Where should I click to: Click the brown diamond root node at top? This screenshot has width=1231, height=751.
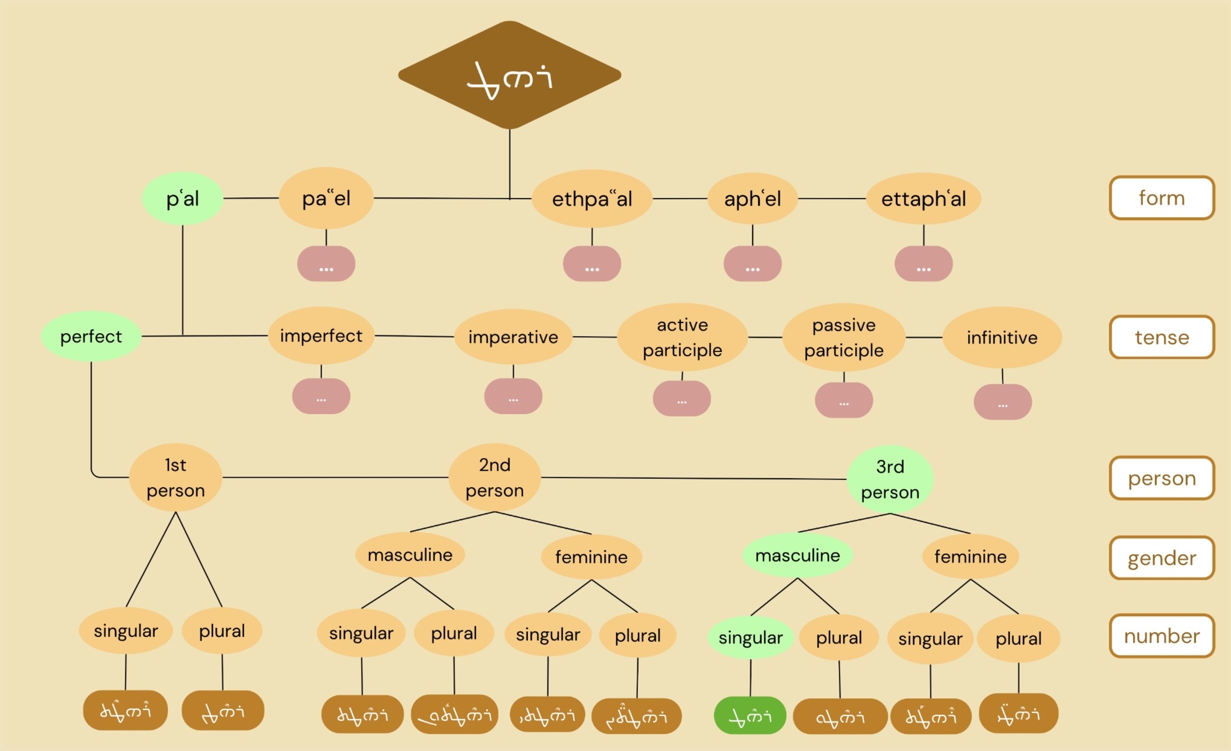click(510, 75)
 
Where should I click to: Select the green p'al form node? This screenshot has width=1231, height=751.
click(182, 199)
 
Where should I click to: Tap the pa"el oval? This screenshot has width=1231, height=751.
click(326, 198)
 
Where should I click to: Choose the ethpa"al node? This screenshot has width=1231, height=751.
click(592, 199)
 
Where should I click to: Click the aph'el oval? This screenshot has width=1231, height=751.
click(752, 199)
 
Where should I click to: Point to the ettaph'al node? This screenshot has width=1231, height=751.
click(923, 199)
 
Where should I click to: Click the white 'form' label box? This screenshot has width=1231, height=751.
click(1161, 198)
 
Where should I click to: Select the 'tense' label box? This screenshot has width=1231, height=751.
click(1161, 337)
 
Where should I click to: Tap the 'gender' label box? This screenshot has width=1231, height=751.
click(1161, 558)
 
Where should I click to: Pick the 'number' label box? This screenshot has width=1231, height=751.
click(1161, 636)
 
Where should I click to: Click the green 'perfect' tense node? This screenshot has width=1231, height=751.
click(91, 336)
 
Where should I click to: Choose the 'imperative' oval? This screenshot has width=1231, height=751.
click(513, 337)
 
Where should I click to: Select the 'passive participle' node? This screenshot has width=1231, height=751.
click(844, 337)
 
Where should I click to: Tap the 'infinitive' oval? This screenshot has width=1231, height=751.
click(1002, 337)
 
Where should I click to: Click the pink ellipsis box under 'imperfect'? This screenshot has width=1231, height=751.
click(321, 397)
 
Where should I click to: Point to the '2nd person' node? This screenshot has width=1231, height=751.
click(495, 478)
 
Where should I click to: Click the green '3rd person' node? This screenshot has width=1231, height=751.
click(890, 479)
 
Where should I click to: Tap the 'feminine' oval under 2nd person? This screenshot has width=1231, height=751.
click(591, 557)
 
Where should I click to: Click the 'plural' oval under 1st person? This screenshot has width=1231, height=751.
click(222, 631)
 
